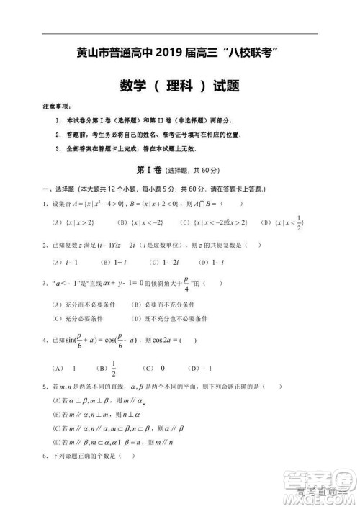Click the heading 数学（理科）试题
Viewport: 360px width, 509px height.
pyautogui.click(x=180, y=85)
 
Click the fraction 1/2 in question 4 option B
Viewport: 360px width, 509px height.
pyautogui.click(x=113, y=369)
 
